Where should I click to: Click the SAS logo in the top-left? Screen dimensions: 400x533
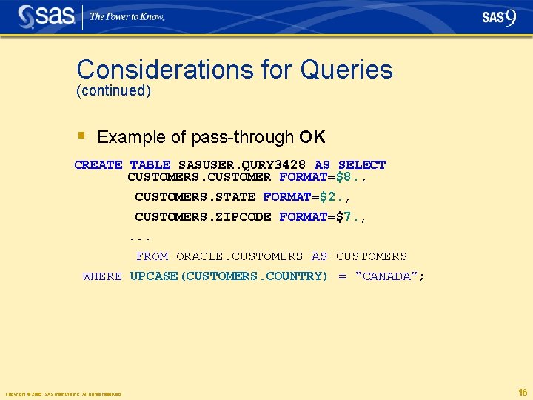tap(45, 16)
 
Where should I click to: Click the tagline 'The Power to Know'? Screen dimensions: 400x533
tap(127, 16)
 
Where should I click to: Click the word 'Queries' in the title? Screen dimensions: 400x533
tap(346, 70)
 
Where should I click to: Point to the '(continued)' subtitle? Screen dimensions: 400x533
tap(113, 91)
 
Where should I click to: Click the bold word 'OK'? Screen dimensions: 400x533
tap(312, 137)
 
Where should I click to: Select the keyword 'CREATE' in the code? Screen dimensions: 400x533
tap(98, 164)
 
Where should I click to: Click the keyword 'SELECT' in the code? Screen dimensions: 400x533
tap(362, 164)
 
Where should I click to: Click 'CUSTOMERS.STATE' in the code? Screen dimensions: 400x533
tap(195, 197)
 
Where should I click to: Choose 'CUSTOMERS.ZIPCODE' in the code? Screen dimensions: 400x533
tap(203, 217)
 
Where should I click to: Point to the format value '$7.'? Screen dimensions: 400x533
tap(351, 217)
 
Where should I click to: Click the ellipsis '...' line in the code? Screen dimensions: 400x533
tap(140, 238)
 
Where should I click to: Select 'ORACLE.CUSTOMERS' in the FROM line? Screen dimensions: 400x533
tap(239, 256)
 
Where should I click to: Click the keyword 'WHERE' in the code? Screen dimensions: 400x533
tap(102, 276)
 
